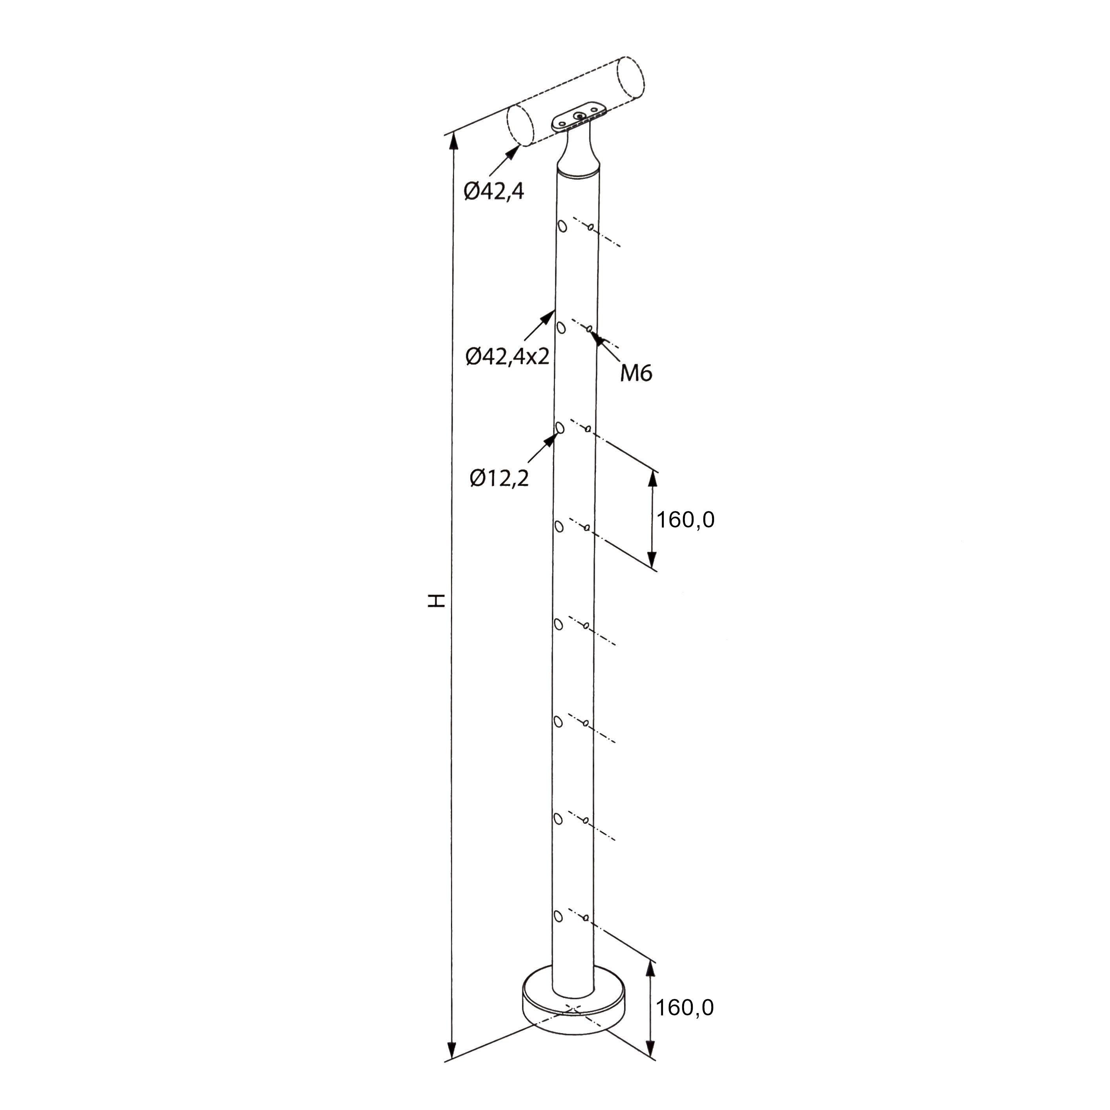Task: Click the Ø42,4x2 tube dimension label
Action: (x=508, y=357)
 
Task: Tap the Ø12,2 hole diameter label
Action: (x=499, y=478)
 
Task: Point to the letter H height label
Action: (x=437, y=601)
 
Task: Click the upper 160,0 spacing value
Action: (x=685, y=520)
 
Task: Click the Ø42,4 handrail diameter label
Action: (x=494, y=191)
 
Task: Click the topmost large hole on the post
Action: (x=562, y=226)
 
